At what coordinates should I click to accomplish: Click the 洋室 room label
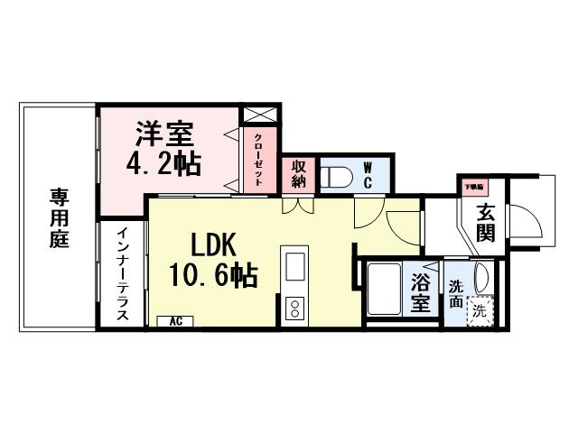pos(163,135)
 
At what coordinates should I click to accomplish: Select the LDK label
pos(213,244)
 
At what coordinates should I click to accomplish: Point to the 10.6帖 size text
pos(213,273)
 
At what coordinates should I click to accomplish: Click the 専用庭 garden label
pos(60,218)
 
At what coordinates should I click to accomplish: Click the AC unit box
pos(175,321)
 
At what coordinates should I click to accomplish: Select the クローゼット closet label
pos(258,160)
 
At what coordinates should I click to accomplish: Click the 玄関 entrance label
pos(485,225)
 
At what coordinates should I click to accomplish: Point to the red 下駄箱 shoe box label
pos(472,186)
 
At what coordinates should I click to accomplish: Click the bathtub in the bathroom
pos(387,290)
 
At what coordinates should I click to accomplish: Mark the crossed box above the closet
pos(257,115)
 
